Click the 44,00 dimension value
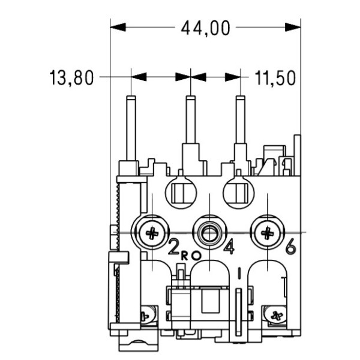click(x=205, y=28)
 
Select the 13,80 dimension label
click(x=71, y=78)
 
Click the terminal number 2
click(x=173, y=247)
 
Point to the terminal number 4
click(x=229, y=247)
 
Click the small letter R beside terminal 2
click(x=185, y=254)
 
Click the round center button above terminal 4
click(x=208, y=232)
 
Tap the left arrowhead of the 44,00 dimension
click(x=118, y=27)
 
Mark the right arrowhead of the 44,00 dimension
click(x=293, y=27)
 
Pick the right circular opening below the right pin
click(x=238, y=191)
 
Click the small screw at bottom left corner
click(x=145, y=314)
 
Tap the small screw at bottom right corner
click(x=275, y=314)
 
